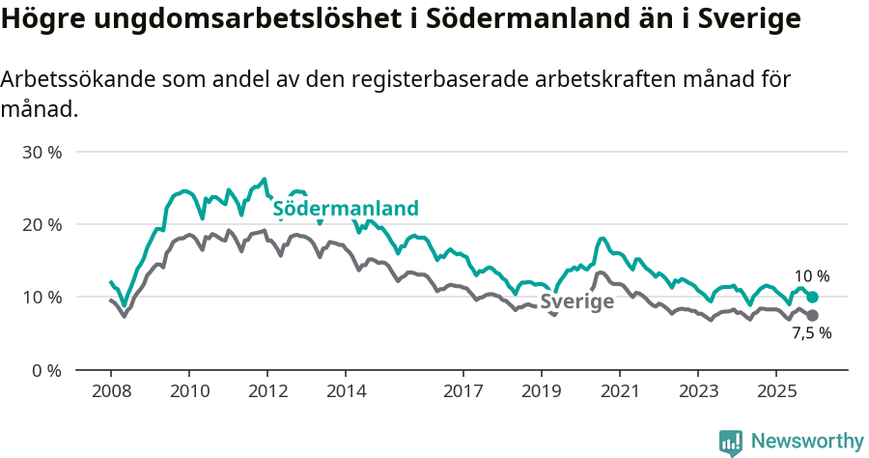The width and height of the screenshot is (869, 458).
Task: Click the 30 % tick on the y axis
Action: (42, 153)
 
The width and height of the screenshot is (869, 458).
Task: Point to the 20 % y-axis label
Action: (42, 225)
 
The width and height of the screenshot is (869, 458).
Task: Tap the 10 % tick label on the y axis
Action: (42, 298)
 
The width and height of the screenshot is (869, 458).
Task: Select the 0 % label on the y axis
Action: (45, 370)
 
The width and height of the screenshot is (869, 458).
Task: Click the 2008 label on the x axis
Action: (110, 391)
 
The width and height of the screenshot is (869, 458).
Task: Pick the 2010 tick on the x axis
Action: (189, 391)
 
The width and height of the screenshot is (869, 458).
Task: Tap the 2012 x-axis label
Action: (267, 391)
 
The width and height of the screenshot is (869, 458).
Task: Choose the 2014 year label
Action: (346, 391)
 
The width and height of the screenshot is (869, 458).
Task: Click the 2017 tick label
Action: (463, 391)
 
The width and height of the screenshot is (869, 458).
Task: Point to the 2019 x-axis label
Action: (541, 391)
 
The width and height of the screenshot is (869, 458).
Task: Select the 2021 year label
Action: (619, 391)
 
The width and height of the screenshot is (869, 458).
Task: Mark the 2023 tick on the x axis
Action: (698, 391)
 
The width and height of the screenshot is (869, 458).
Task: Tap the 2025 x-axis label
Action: (775, 391)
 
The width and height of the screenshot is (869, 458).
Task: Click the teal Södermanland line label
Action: (346, 209)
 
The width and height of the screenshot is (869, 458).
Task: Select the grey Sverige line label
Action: (577, 301)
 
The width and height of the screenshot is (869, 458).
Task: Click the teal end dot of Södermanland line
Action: (812, 298)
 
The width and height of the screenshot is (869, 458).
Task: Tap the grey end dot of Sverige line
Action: (812, 316)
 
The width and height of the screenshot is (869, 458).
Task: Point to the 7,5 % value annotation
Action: (811, 333)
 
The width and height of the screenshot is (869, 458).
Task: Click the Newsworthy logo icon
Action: (731, 443)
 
